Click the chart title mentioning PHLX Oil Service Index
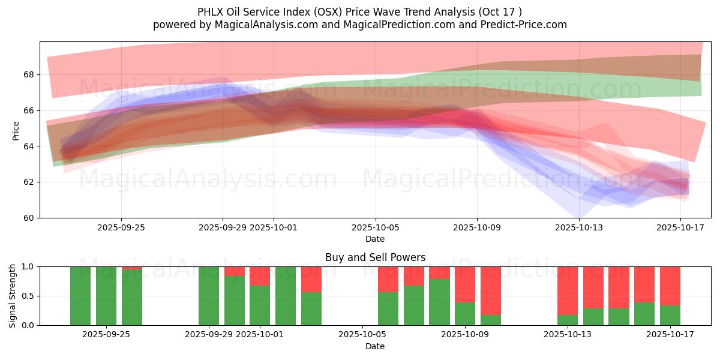[x=359, y=12]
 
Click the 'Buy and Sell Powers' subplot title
[x=375, y=257]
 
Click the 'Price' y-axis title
[x=16, y=130]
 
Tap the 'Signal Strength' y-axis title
[x=13, y=296]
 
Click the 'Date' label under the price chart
[x=375, y=239]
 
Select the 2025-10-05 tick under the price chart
[x=376, y=228]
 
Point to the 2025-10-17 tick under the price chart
[x=681, y=228]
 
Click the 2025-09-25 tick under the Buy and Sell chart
[x=106, y=335]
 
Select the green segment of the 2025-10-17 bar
[x=670, y=315]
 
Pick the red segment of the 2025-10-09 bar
[x=465, y=284]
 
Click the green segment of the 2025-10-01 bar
[x=260, y=305]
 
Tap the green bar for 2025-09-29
[x=209, y=296]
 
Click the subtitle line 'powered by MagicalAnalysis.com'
[x=359, y=25]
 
